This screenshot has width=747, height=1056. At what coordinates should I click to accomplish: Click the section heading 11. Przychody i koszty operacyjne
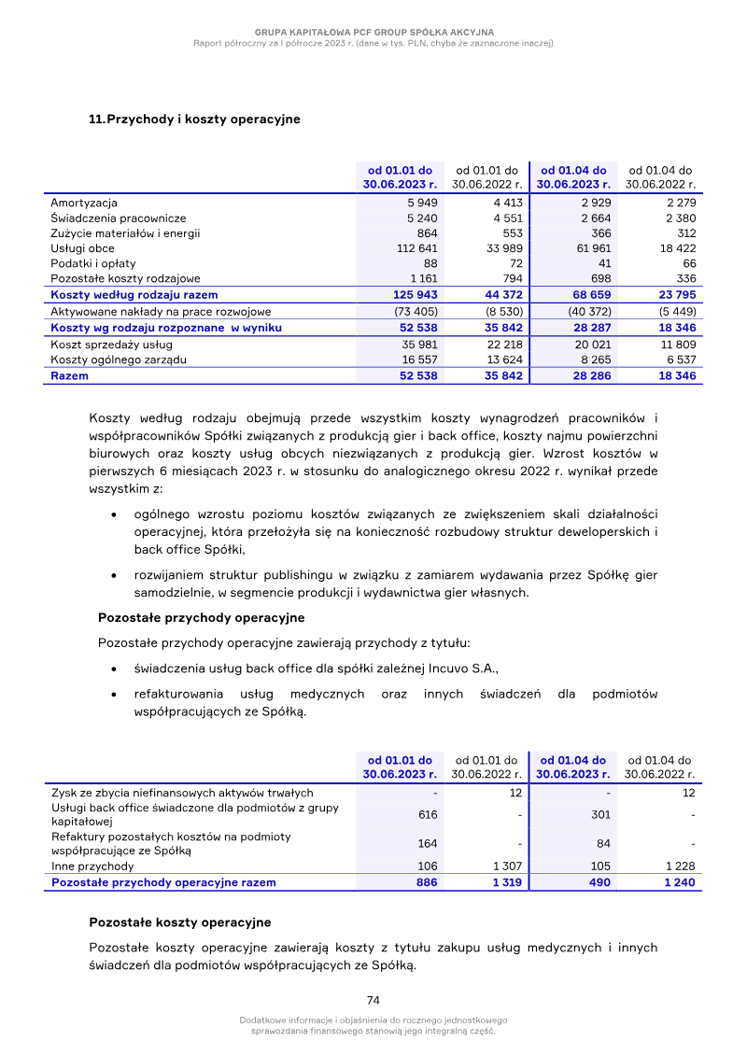[194, 120]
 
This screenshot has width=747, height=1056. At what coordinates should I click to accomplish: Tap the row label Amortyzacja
[84, 203]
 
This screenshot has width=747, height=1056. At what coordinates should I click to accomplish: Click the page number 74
[373, 1000]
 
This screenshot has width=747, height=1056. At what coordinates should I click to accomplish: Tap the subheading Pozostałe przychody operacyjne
[201, 618]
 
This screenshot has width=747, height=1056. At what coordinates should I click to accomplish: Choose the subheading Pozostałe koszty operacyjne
[180, 922]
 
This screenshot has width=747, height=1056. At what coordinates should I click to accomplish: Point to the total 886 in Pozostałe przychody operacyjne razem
[426, 882]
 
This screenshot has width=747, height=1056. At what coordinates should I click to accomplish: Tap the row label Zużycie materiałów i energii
[125, 233]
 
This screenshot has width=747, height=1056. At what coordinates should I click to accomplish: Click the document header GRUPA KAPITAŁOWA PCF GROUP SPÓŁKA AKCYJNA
[373, 32]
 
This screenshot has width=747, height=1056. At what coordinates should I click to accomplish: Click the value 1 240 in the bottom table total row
[679, 882]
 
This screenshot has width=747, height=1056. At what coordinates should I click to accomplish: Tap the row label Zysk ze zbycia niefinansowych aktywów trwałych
[175, 793]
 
